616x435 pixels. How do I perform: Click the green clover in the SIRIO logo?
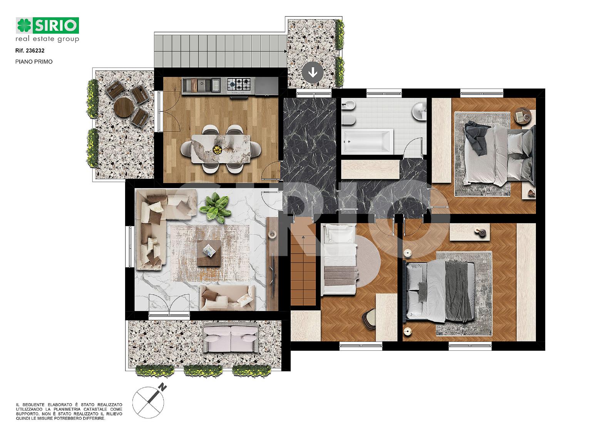tap(24, 25)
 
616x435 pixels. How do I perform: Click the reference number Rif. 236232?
tap(30, 50)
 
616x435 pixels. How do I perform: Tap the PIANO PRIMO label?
tap(34, 62)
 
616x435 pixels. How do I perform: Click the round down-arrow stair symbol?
tap(312, 73)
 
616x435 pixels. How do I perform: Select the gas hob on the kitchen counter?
tap(239, 85)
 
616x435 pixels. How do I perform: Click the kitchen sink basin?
tap(202, 85)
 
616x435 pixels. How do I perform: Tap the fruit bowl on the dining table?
tap(217, 149)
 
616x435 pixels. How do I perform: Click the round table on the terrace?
tap(123, 107)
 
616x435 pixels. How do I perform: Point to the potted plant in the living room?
tap(215, 207)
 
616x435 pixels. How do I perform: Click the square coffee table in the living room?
tap(209, 253)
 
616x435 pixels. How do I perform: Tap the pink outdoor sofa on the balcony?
tap(231, 339)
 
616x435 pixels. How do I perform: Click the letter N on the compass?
tap(163, 388)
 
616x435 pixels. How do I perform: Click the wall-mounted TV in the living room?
tap(274, 277)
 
